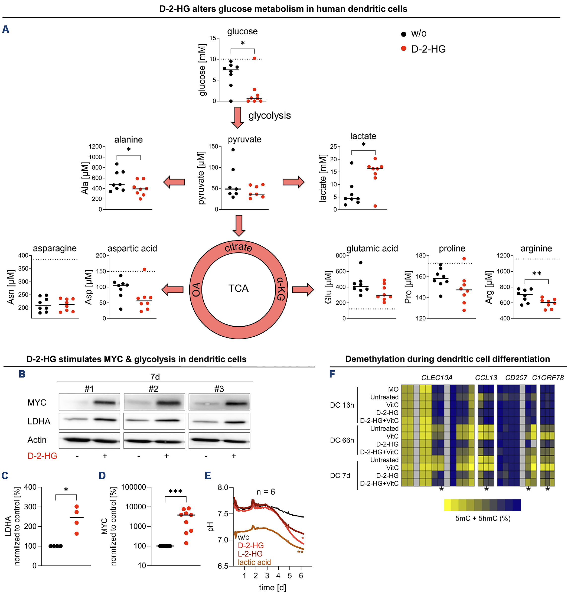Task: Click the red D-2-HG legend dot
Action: tap(404, 49)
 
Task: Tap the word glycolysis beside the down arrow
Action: tap(270, 116)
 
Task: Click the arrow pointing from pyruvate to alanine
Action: tap(174, 182)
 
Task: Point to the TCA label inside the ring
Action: tap(238, 288)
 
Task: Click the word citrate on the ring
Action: tap(238, 247)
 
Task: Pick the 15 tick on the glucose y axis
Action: tap(212, 38)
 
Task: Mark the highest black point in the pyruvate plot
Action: tap(233, 149)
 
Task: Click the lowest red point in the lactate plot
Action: tap(375, 206)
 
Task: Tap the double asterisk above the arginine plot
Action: tap(537, 274)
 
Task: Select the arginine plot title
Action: tap(536, 248)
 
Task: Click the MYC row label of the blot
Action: tap(37, 403)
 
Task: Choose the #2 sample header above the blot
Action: tap(153, 389)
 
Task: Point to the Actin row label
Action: tap(37, 440)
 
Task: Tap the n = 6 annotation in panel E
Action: tap(266, 492)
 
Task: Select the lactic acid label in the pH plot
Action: tap(254, 562)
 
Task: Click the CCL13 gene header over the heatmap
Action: tap(486, 378)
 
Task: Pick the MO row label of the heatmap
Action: tap(393, 389)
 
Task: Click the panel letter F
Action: tap(332, 374)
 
